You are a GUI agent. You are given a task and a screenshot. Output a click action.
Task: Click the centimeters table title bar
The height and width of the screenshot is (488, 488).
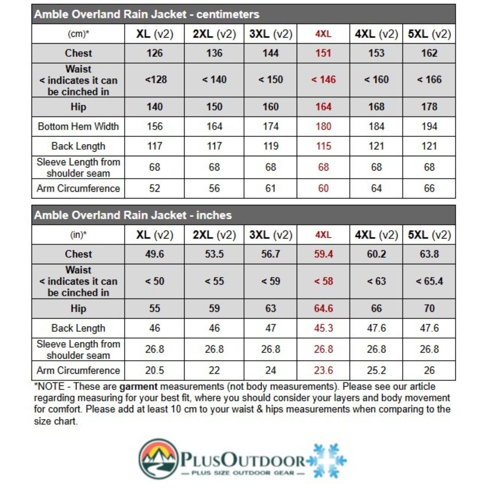pos(243,14)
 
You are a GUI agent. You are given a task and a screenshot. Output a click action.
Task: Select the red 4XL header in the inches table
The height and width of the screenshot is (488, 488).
pos(323,235)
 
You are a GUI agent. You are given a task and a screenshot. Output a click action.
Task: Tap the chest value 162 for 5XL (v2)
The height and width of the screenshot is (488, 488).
pos(429,53)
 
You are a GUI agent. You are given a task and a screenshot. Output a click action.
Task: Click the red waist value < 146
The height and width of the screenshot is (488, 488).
pos(323,80)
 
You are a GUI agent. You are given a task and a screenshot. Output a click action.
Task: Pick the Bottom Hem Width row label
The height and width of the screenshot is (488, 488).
pos(78,127)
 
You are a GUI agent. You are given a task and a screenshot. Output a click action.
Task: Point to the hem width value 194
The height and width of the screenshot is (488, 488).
pos(429,127)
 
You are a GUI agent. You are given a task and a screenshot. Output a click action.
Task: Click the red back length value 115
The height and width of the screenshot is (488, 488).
pos(323,146)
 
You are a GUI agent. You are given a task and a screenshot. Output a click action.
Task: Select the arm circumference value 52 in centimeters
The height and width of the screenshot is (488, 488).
pos(155,188)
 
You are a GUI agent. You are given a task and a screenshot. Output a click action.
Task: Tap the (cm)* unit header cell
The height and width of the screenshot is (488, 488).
pos(78,34)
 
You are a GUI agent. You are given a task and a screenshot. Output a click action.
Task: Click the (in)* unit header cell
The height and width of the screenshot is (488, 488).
pos(78,235)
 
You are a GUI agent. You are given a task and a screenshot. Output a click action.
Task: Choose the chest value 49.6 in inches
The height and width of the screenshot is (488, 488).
pos(155,254)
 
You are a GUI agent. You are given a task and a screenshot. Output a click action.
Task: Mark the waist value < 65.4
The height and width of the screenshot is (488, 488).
pos(429,281)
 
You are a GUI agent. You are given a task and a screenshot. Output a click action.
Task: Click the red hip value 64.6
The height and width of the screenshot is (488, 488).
pos(323,308)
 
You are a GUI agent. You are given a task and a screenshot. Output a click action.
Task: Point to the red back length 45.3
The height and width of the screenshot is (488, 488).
pos(323,328)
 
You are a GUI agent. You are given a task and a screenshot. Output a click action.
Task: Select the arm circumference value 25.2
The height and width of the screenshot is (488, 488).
pos(376,370)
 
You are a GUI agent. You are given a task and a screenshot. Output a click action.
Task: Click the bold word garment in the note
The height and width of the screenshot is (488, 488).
pos(138,387)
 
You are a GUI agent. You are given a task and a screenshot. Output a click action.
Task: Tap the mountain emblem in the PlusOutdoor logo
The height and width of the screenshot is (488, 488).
pos(158,459)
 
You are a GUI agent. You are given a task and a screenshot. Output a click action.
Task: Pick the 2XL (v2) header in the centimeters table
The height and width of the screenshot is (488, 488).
pos(214,34)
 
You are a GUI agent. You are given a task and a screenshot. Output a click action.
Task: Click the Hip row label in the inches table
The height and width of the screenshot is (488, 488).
pos(78,308)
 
